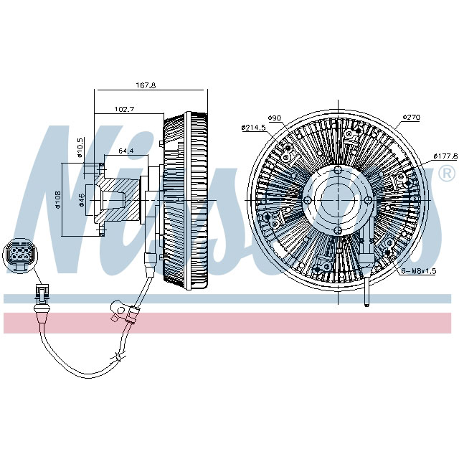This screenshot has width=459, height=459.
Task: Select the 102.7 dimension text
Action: [x=125, y=109]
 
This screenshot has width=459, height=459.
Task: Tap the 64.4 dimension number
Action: [x=126, y=151]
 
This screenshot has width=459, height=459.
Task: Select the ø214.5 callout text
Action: [x=254, y=127]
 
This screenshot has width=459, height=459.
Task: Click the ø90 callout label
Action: [x=273, y=118]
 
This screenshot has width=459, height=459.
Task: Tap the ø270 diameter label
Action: [x=410, y=117]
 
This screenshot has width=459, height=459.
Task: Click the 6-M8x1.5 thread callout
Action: [x=417, y=271]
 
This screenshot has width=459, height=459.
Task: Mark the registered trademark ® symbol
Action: [x=445, y=174]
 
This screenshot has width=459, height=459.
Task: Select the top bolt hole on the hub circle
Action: [x=337, y=171]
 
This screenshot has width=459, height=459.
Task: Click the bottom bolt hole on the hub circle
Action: [x=337, y=230]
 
